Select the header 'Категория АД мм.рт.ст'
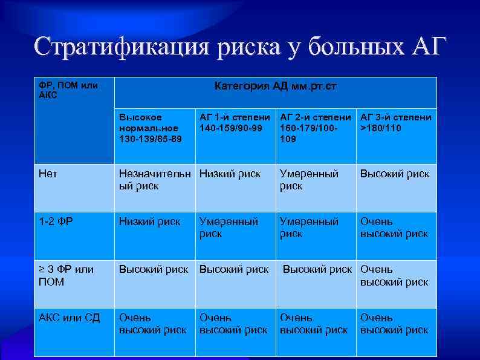pyautogui.click(x=276, y=87)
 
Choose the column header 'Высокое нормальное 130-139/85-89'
pyautogui.click(x=149, y=128)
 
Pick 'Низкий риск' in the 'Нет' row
pyautogui.click(x=230, y=174)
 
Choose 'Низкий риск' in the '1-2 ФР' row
pyautogui.click(x=150, y=222)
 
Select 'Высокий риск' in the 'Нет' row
pyautogui.click(x=395, y=174)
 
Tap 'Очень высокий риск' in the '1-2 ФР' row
pyautogui.click(x=394, y=228)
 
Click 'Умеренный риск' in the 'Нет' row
pyautogui.click(x=309, y=180)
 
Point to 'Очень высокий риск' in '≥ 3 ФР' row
pyautogui.click(x=394, y=276)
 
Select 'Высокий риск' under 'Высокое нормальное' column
pyautogui.click(x=154, y=270)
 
